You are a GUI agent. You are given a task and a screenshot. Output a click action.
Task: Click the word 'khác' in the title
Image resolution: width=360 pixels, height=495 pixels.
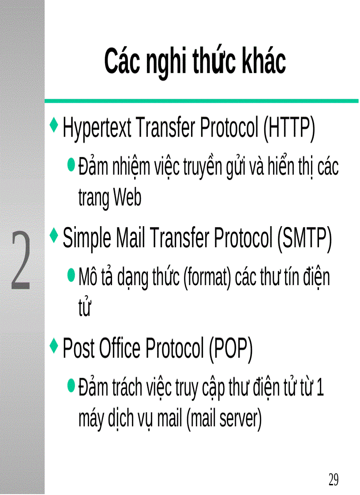[263, 62]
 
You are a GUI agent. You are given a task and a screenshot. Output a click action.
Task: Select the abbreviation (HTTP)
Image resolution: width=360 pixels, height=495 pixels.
[289, 129]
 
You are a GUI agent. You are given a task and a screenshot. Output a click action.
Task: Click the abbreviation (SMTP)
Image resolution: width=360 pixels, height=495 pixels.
[304, 238]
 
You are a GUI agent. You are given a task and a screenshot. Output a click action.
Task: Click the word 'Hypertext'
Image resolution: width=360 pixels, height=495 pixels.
[97, 129]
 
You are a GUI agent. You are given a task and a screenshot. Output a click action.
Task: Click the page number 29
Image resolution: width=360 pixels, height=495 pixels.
[334, 479]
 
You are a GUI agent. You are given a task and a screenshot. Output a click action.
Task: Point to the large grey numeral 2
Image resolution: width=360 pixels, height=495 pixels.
[21, 261]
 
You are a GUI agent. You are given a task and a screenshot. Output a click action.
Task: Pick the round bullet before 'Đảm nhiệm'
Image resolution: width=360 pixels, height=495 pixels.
[71, 165]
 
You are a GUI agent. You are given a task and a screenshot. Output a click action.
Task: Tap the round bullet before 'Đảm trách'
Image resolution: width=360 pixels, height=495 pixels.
[71, 386]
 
